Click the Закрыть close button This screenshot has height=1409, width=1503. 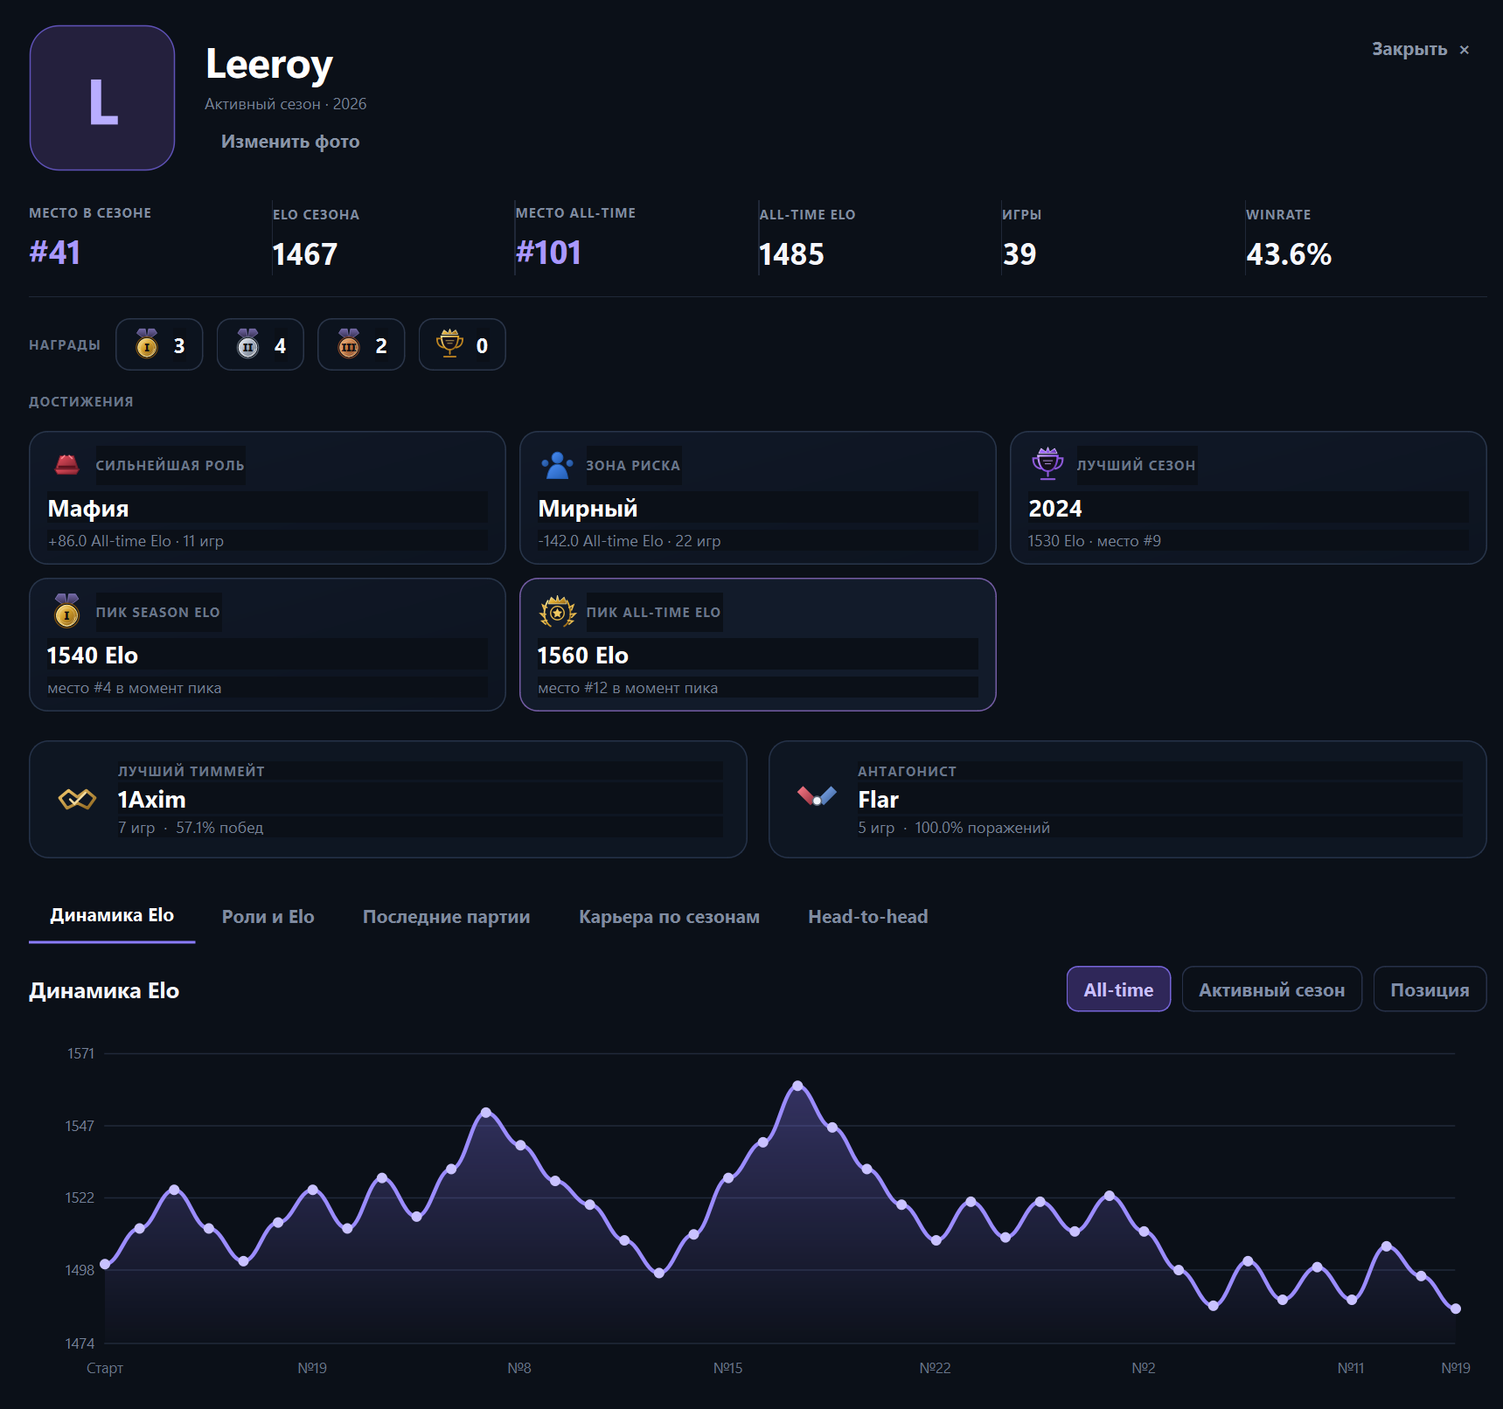(1420, 50)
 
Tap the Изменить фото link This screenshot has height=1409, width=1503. (290, 142)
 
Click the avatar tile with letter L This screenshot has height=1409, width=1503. (102, 98)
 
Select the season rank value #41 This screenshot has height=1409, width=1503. (55, 253)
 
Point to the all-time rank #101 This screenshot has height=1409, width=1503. (549, 253)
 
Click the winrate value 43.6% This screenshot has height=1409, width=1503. (1289, 254)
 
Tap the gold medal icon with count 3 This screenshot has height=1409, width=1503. (147, 344)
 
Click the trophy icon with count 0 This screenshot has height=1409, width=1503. (449, 344)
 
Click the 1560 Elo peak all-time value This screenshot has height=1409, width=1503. (583, 656)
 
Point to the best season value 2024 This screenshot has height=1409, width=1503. (1055, 509)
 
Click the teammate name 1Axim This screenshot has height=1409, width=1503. (152, 800)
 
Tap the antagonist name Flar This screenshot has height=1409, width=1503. (879, 800)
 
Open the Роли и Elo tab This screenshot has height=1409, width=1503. (268, 917)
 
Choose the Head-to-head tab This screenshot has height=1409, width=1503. (868, 917)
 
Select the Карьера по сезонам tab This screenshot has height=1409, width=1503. (669, 917)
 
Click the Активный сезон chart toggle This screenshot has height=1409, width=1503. (1272, 989)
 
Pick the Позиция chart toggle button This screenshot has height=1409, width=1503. (1430, 989)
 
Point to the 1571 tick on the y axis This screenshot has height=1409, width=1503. (80, 1054)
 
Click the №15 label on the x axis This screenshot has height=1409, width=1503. (728, 1368)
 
